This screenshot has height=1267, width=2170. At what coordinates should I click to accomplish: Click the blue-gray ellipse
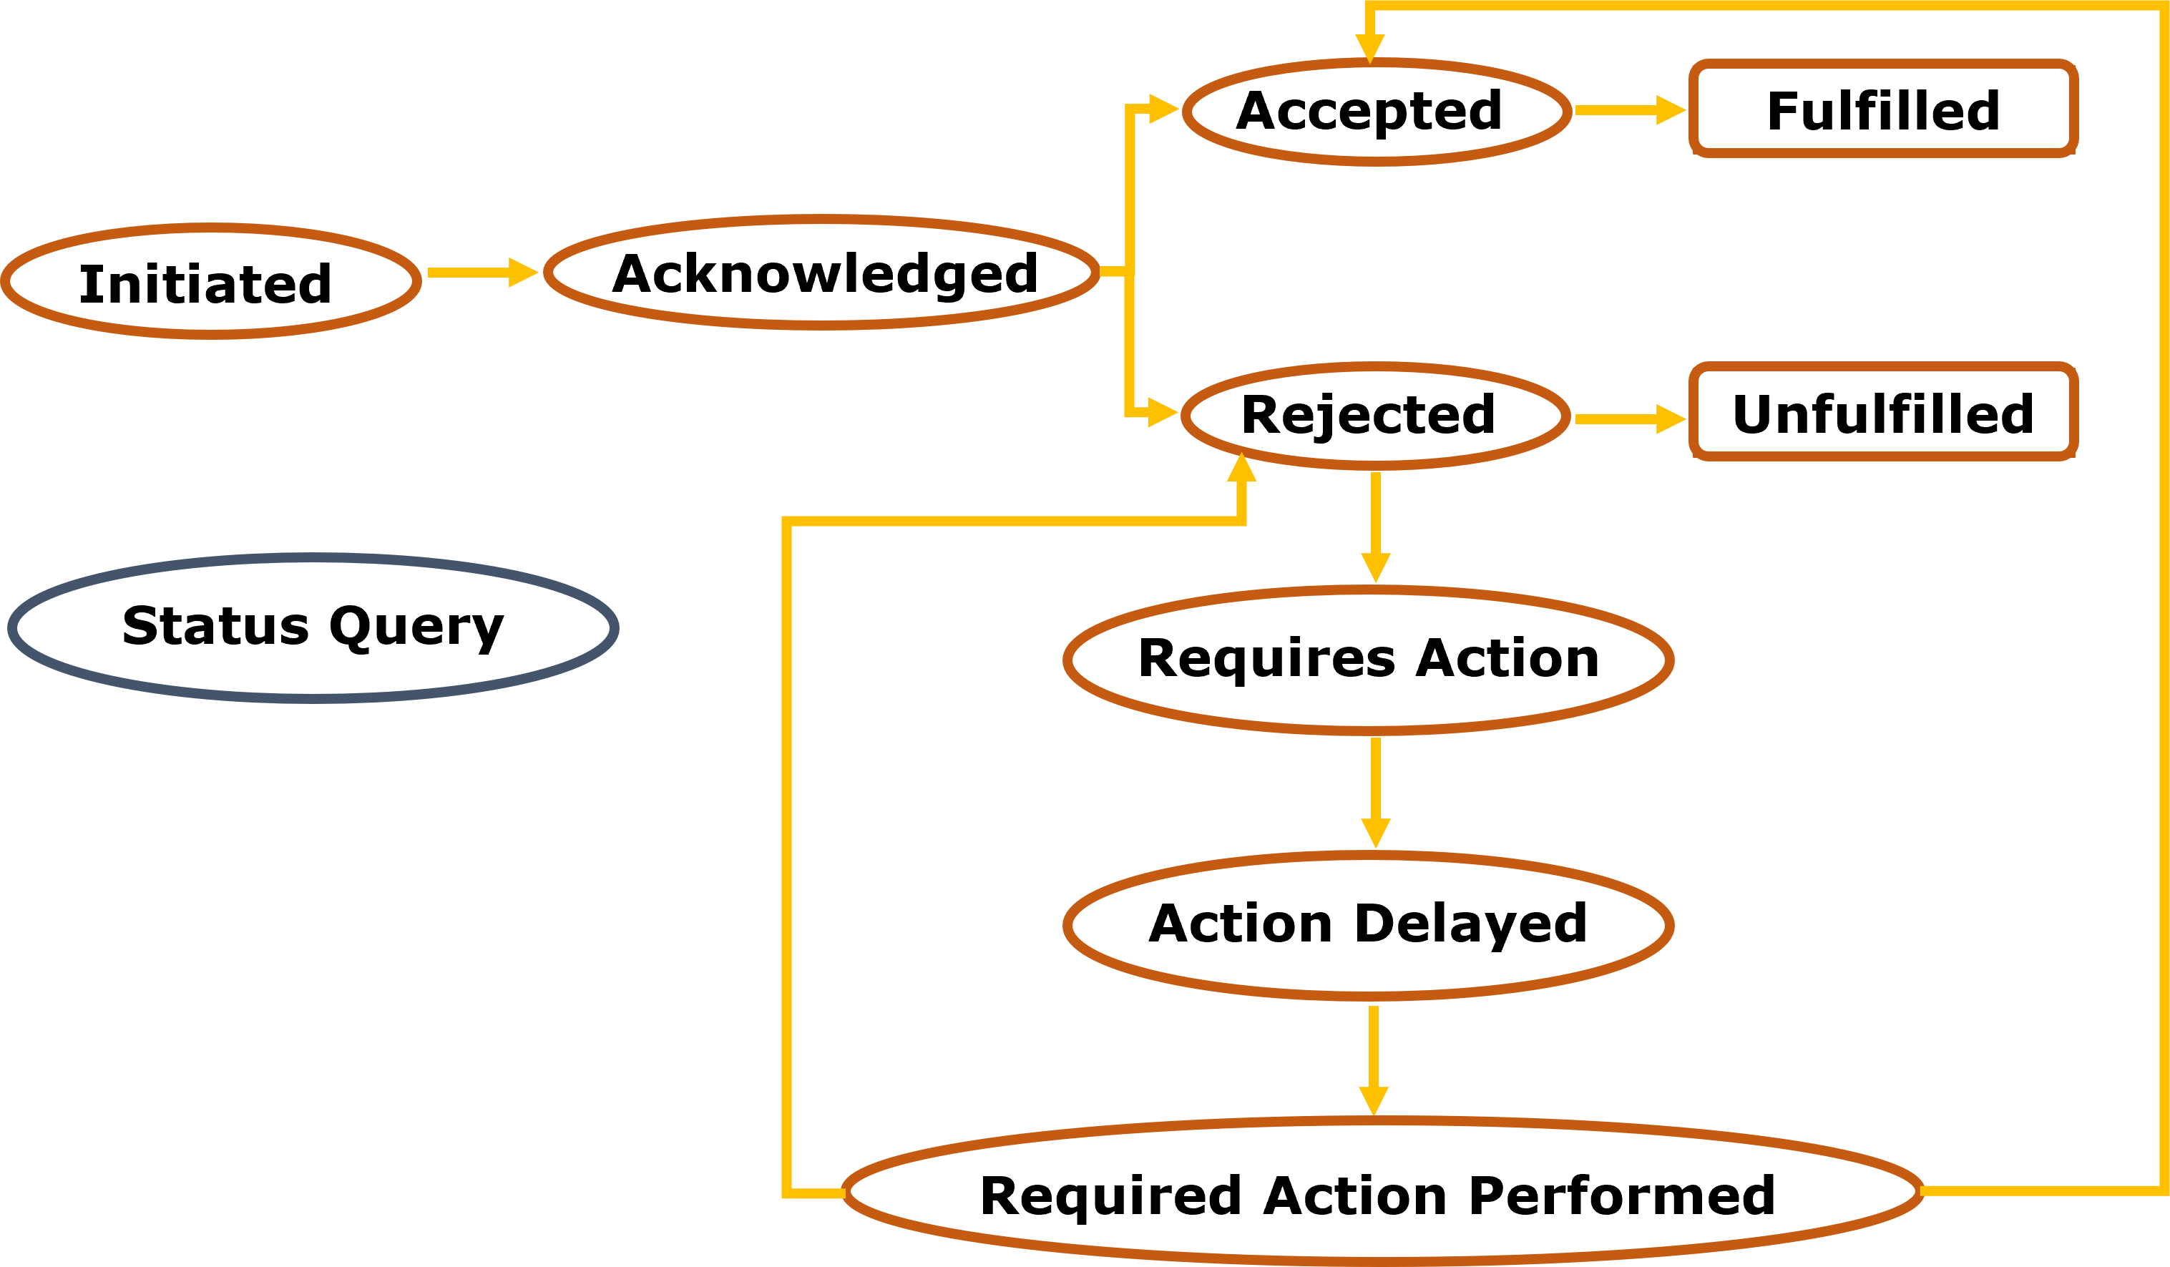pyautogui.click(x=313, y=629)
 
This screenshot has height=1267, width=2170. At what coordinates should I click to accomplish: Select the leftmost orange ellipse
pyautogui.click(x=211, y=282)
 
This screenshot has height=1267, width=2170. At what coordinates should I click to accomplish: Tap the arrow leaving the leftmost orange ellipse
pyautogui.click(x=482, y=272)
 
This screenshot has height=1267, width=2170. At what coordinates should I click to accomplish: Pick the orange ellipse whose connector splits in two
pyautogui.click(x=822, y=272)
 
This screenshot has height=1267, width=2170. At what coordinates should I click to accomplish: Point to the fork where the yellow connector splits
pyautogui.click(x=1129, y=272)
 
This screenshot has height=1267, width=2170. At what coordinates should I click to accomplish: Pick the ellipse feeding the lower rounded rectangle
pyautogui.click(x=1376, y=416)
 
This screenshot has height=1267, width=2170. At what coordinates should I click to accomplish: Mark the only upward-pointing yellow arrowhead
pyautogui.click(x=1242, y=468)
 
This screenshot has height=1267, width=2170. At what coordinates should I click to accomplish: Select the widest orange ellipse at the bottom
pyautogui.click(x=1382, y=1191)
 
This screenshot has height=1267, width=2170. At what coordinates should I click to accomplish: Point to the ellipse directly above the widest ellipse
pyautogui.click(x=1369, y=926)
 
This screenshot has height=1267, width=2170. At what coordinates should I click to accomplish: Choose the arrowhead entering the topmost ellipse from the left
pyautogui.click(x=1163, y=109)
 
